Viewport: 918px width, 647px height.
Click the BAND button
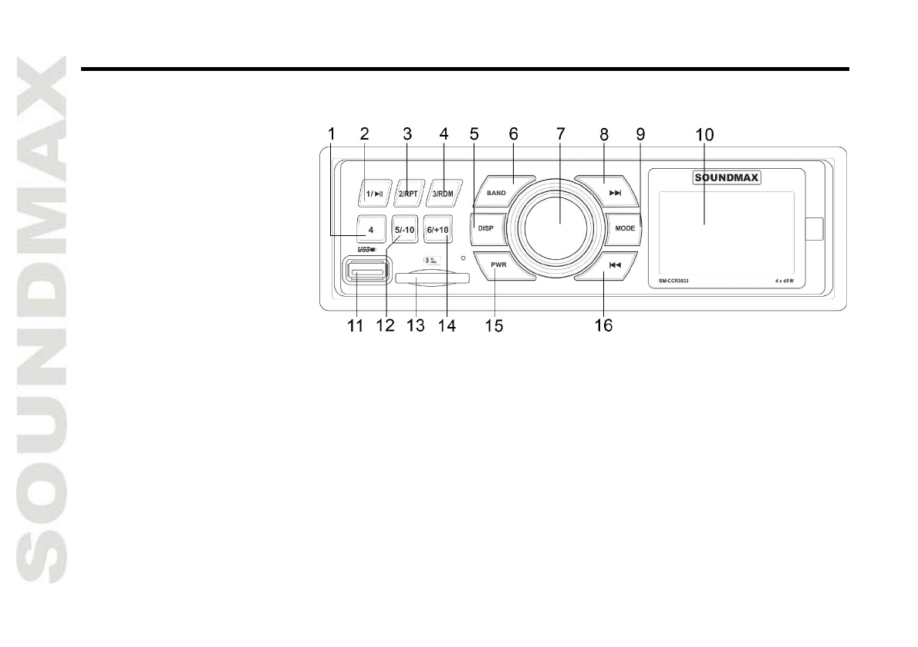(496, 193)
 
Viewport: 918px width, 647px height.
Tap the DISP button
(485, 228)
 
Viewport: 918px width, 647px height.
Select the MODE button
(624, 228)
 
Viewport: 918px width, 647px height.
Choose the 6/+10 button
(437, 230)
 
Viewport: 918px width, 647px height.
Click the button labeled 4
(371, 230)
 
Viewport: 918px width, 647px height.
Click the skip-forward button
(615, 193)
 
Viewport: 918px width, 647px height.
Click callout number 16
(603, 325)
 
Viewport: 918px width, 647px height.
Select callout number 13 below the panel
(416, 325)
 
